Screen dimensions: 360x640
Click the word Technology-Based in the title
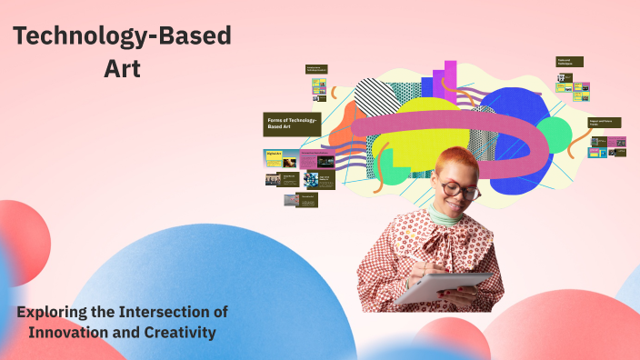pyautogui.click(x=122, y=36)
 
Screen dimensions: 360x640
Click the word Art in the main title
pyautogui.click(x=122, y=68)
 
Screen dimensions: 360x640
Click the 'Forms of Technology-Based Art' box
pyautogui.click(x=292, y=124)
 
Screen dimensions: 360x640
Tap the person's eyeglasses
pyautogui.click(x=460, y=190)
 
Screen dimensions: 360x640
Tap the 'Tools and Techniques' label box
pyautogui.click(x=569, y=62)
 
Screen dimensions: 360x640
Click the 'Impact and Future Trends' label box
pyautogui.click(x=605, y=122)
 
